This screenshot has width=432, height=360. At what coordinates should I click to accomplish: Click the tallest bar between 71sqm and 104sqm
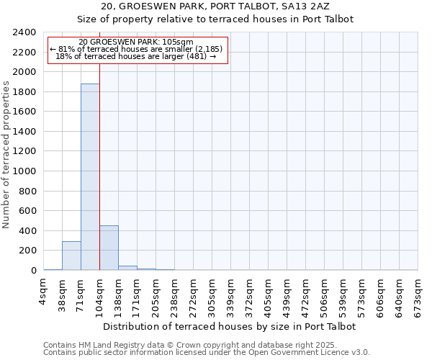(x=90, y=177)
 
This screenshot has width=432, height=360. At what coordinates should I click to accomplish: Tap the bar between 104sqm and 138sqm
(x=109, y=248)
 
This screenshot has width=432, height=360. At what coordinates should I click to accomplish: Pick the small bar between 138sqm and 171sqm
(x=127, y=268)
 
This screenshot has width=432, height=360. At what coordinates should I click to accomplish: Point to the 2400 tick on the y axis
(x=25, y=32)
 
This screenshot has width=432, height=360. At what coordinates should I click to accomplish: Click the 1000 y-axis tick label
(x=25, y=171)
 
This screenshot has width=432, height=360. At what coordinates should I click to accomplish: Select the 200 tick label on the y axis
(x=28, y=251)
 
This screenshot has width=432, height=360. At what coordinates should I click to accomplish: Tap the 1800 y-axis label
(x=25, y=92)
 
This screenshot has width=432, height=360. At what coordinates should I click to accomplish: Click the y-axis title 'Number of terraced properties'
(x=6, y=154)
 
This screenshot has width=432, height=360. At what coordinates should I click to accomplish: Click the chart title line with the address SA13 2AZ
(x=215, y=6)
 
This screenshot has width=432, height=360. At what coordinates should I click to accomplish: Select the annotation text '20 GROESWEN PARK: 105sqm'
(x=136, y=42)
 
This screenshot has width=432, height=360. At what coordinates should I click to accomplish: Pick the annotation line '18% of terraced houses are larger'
(x=136, y=56)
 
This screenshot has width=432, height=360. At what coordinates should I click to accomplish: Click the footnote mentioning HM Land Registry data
(x=206, y=345)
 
